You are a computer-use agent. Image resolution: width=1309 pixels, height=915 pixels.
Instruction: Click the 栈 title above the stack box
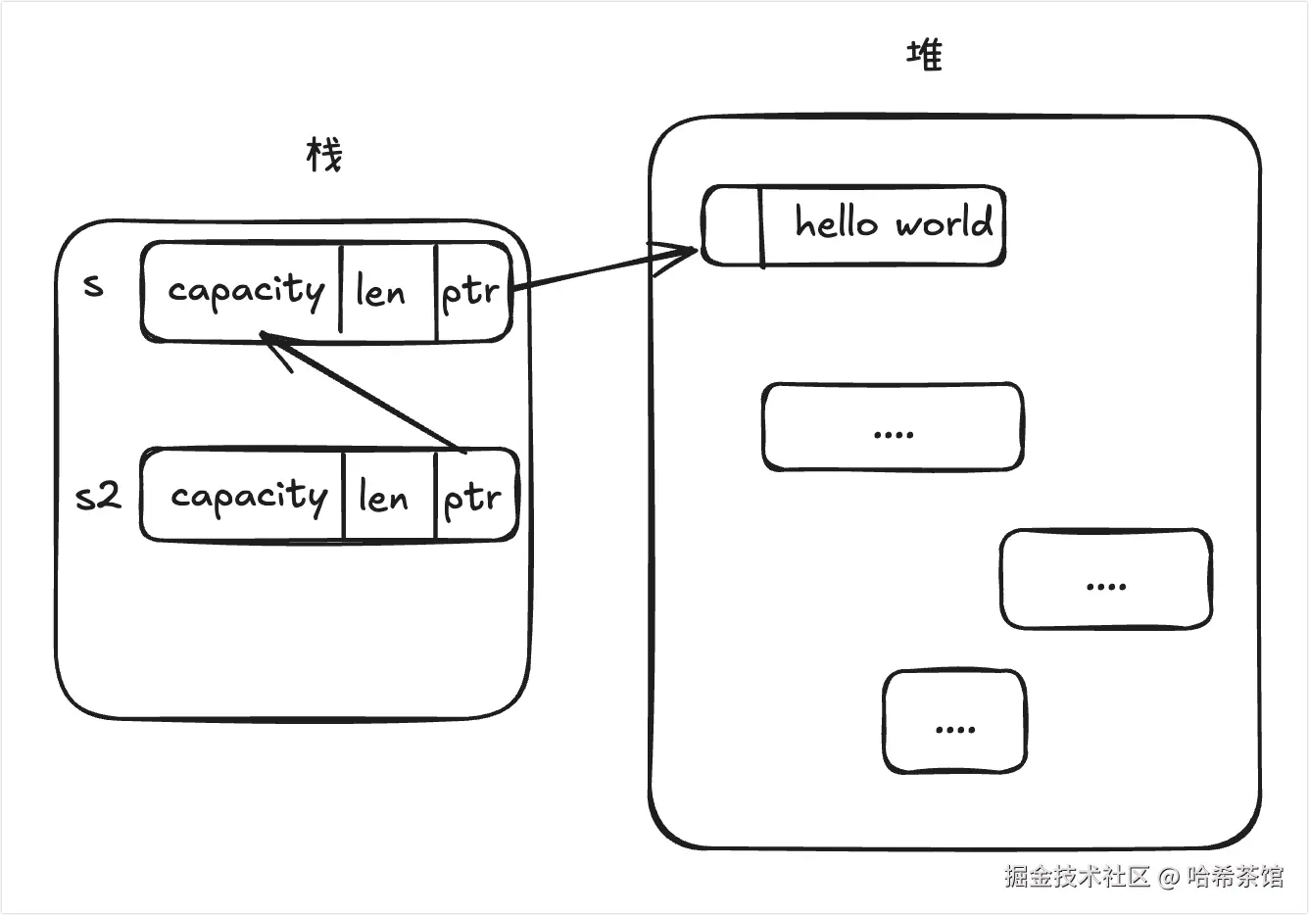click(324, 155)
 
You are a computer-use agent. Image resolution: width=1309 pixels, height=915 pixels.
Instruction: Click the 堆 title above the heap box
click(925, 55)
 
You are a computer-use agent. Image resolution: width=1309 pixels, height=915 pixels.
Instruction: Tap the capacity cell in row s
click(245, 291)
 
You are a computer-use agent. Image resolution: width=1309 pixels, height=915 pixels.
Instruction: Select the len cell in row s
click(380, 292)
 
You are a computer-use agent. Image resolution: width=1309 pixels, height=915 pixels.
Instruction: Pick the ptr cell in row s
click(471, 292)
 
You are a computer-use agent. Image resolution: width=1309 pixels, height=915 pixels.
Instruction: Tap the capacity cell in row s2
click(248, 496)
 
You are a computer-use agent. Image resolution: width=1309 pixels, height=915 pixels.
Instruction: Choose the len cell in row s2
click(383, 498)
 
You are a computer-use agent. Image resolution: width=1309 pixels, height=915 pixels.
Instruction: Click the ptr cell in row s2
click(473, 498)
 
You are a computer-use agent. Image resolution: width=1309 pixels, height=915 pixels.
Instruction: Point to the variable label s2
click(98, 496)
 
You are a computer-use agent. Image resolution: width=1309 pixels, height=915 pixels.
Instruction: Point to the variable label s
click(93, 286)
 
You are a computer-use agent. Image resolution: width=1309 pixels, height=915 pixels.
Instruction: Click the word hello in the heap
click(836, 223)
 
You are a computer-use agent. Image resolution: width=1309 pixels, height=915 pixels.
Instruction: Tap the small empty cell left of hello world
click(733, 226)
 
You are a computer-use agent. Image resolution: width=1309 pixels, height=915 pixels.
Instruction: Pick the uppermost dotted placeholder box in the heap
click(893, 427)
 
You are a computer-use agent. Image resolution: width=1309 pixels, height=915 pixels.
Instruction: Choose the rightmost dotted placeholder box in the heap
click(1106, 579)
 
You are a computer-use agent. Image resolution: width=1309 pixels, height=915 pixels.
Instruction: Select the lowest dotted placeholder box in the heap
click(955, 722)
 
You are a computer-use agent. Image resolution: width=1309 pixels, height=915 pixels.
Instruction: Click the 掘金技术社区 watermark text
click(1076, 876)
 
